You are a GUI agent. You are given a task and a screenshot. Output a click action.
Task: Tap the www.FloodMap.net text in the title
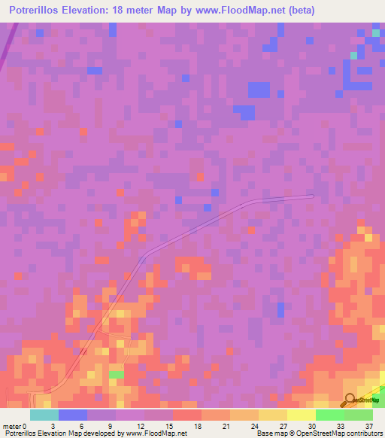(x=242, y=11)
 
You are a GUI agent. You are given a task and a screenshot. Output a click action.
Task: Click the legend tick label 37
(x=368, y=425)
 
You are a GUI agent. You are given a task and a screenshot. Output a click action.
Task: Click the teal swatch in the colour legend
(x=44, y=415)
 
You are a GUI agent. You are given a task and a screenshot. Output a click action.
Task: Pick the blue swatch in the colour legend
(x=73, y=415)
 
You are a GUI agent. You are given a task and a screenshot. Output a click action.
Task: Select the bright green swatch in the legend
(x=330, y=415)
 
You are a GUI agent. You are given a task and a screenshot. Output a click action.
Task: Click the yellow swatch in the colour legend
(x=302, y=415)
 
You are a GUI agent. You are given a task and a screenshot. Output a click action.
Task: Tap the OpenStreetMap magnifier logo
(x=350, y=400)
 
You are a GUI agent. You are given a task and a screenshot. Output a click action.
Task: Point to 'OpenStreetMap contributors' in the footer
(x=344, y=433)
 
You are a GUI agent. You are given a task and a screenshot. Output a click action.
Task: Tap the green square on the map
(x=117, y=374)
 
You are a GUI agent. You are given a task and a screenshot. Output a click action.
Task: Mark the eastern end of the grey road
(x=311, y=196)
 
